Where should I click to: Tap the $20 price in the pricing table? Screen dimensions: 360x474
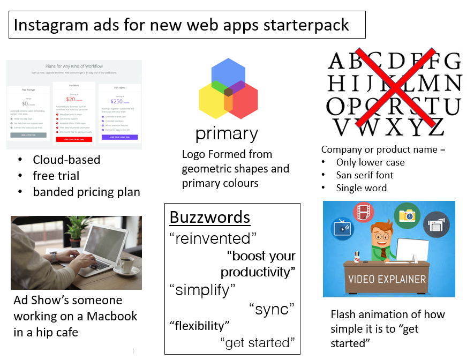pos(70,99)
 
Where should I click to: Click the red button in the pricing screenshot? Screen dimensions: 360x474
pos(73,139)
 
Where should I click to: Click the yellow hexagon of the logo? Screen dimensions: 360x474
pos(214,101)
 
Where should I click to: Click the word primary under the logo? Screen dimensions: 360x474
pos(227,133)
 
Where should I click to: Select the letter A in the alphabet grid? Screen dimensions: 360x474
pos(337,61)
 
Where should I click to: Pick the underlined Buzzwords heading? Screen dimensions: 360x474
pos(210,217)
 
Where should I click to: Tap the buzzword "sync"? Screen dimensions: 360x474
pos(272,309)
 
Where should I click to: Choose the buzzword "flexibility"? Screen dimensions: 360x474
pos(200,325)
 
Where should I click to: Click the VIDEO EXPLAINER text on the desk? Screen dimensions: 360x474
pos(387,279)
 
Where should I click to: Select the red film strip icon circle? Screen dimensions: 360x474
pos(365,211)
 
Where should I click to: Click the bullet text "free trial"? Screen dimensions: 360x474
pos(56,176)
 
